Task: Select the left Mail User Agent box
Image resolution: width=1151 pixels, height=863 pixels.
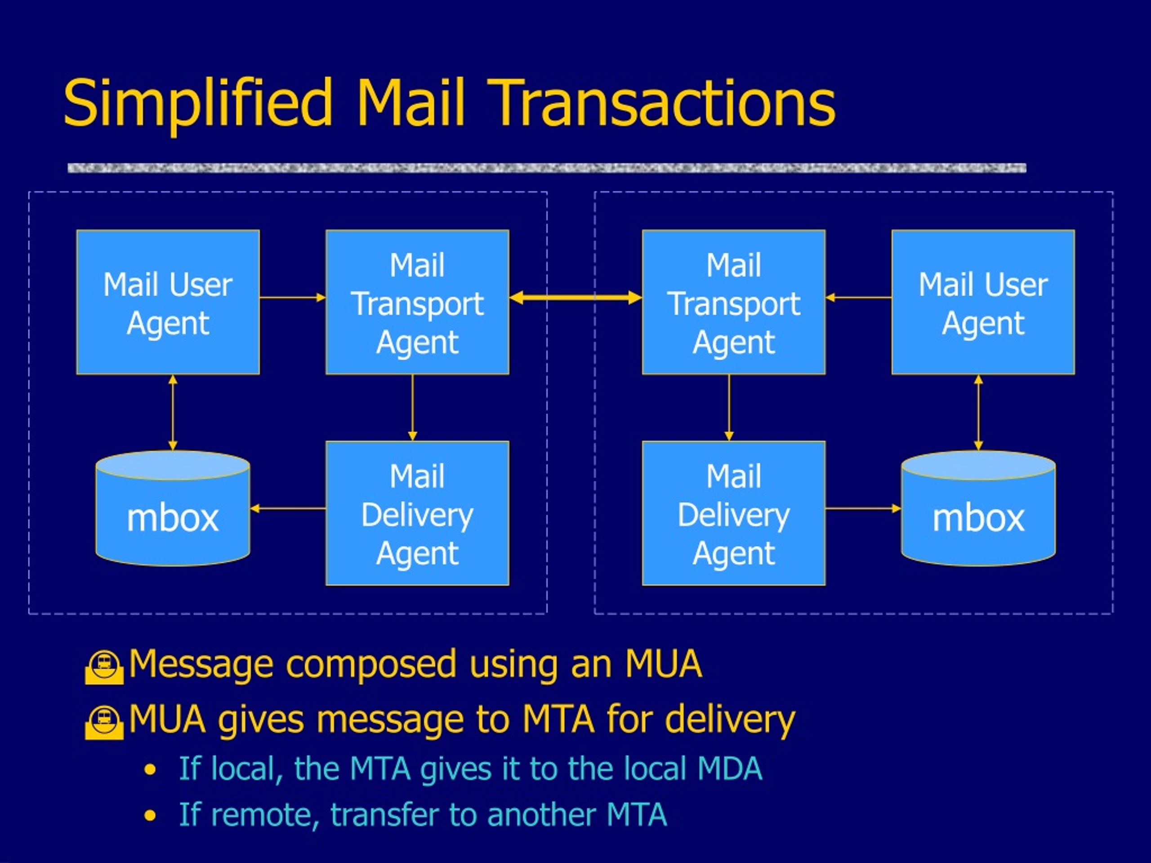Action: pyautogui.click(x=168, y=302)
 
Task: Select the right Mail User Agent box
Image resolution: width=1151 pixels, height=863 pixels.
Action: pyautogui.click(x=983, y=302)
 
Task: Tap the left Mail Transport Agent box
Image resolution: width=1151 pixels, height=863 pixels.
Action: pyautogui.click(x=417, y=302)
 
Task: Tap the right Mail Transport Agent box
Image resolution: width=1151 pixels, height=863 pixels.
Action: pyautogui.click(x=733, y=302)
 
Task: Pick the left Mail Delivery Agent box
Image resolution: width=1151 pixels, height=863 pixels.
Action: pyautogui.click(x=417, y=513)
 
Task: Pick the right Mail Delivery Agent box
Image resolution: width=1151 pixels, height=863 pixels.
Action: pyautogui.click(x=733, y=513)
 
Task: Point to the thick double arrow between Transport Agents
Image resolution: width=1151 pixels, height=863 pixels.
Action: pyautogui.click(x=575, y=298)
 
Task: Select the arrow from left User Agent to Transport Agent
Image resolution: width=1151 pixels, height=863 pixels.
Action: pyautogui.click(x=292, y=298)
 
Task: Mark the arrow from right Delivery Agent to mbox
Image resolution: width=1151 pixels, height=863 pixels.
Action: pyautogui.click(x=863, y=508)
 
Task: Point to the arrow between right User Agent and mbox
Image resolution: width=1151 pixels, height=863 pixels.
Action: pyautogui.click(x=978, y=413)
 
